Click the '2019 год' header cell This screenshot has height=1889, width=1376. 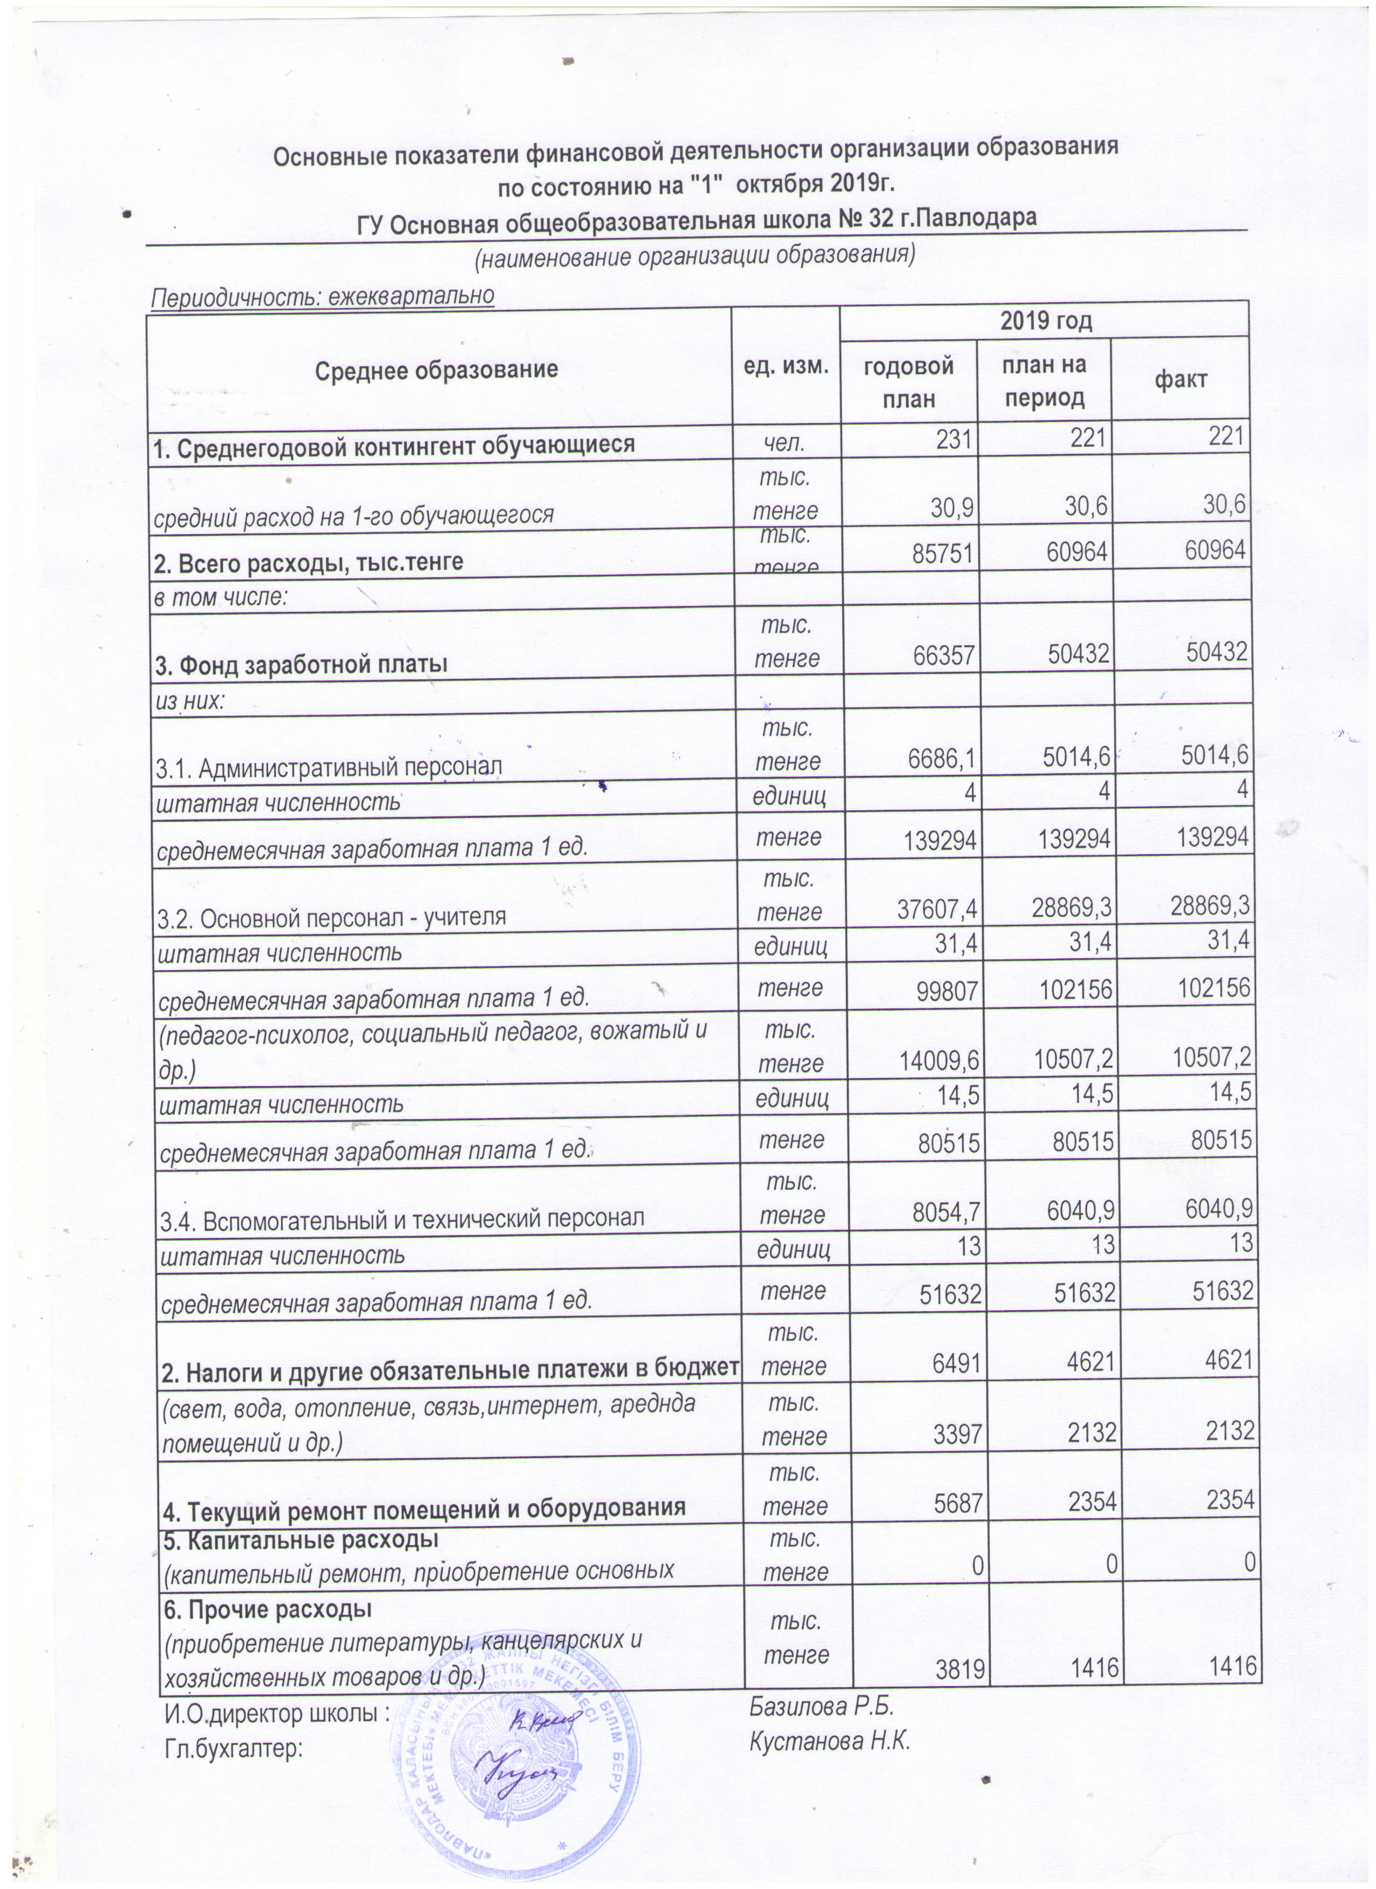click(1045, 320)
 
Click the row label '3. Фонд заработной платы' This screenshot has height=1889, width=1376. click(301, 665)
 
